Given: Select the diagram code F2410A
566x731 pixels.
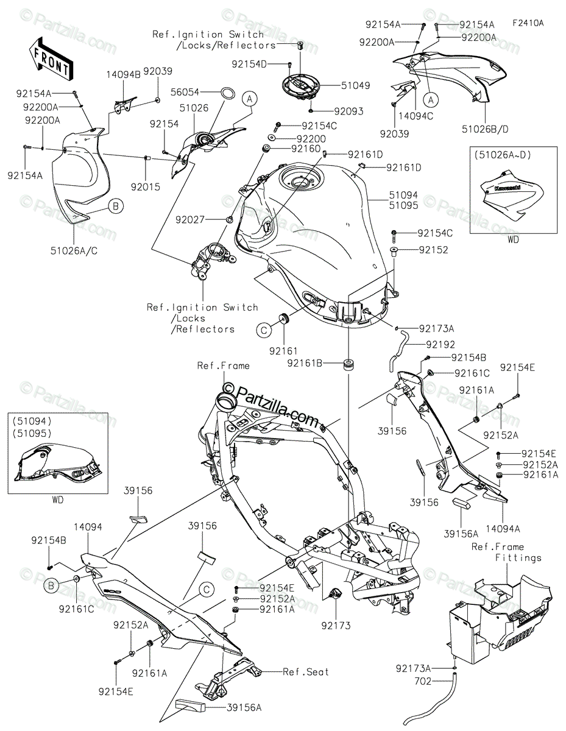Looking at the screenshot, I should (x=528, y=23).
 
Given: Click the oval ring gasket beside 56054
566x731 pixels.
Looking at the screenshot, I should (x=228, y=93).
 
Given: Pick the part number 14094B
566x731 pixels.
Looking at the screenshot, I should (x=124, y=73).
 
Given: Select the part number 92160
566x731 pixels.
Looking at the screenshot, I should (x=305, y=148).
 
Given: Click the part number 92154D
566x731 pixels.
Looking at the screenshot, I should (x=250, y=63).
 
